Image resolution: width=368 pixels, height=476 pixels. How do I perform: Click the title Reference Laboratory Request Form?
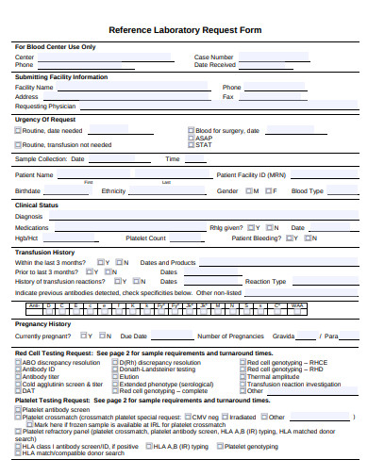(184, 29)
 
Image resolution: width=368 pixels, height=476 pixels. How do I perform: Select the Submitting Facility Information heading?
(61, 76)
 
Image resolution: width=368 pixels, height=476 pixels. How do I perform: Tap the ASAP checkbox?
(192, 138)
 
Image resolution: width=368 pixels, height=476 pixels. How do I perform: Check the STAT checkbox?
(192, 144)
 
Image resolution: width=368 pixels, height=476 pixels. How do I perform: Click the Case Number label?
(215, 57)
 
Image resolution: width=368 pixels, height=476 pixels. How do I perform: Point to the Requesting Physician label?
(45, 106)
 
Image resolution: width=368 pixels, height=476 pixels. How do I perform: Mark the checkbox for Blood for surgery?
(192, 130)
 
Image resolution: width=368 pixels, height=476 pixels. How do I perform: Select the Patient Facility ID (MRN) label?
(251, 174)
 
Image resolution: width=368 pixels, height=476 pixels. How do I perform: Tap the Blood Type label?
(308, 190)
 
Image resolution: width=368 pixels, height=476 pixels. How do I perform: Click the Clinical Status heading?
(37, 205)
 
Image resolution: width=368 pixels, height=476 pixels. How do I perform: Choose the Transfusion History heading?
(44, 252)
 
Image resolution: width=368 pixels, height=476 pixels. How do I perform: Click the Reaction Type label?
(265, 281)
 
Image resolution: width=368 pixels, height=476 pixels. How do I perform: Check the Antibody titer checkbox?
(18, 377)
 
